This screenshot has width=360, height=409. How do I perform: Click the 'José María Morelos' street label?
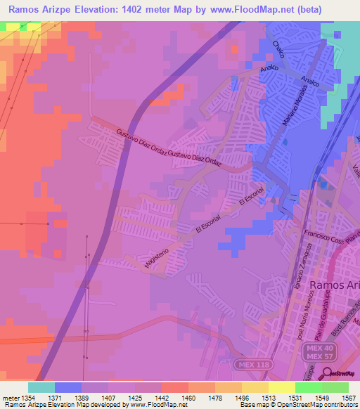pos(304,323)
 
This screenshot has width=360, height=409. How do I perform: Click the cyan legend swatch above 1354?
pos(41,387)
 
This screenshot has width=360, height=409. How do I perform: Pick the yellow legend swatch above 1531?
pos(281,387)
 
